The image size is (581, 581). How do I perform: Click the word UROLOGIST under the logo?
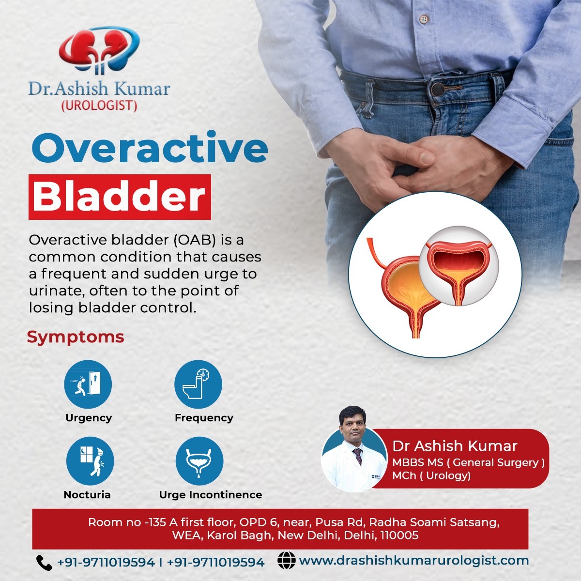pyautogui.click(x=99, y=106)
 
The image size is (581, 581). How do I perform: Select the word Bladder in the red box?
pyautogui.click(x=119, y=197)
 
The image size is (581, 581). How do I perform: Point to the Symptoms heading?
pyautogui.click(x=76, y=337)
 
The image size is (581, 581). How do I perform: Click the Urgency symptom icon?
pyautogui.click(x=88, y=384)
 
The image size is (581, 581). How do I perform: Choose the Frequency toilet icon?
pyautogui.click(x=198, y=384)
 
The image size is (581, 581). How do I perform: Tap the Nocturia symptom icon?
pyautogui.click(x=90, y=461)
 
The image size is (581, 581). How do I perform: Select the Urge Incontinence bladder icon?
pyautogui.click(x=199, y=461)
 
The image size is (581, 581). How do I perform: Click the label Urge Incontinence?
pyautogui.click(x=211, y=495)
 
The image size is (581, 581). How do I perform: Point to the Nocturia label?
pyautogui.click(x=87, y=495)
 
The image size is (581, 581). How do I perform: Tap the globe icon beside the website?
pyautogui.click(x=287, y=560)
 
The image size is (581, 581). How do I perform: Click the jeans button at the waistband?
pyautogui.click(x=438, y=89)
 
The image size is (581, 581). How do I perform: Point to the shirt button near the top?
pyautogui.click(x=424, y=19)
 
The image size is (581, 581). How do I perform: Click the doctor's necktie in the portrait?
pyautogui.click(x=358, y=456)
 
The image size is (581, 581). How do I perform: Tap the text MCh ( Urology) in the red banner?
pyautogui.click(x=431, y=475)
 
